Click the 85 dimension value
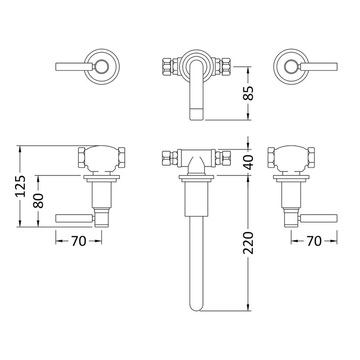tap(250, 93)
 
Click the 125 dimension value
tap(21, 186)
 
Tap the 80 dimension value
tap(40, 200)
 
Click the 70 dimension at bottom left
tap(78, 241)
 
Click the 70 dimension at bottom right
tap(314, 241)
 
